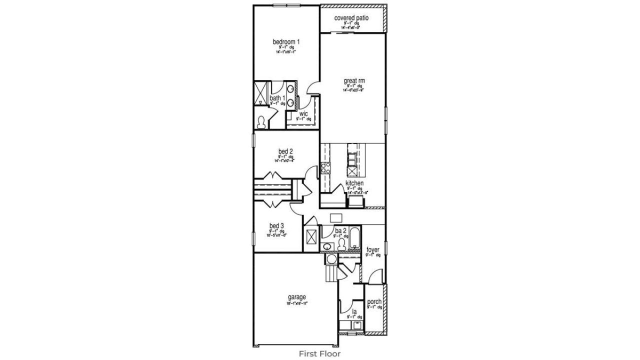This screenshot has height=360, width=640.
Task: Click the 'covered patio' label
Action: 351,18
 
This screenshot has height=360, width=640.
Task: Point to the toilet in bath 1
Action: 260,121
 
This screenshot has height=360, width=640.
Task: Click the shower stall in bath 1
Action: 261,92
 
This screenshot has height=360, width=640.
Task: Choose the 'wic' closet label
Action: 303,113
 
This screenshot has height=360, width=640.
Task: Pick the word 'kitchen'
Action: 354,183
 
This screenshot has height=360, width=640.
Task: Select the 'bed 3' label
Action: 276,226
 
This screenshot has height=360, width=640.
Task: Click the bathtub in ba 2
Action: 354,238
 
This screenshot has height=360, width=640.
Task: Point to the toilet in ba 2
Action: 342,244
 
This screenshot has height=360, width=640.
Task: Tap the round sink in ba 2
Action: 327,246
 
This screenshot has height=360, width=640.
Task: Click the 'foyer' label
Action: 373,249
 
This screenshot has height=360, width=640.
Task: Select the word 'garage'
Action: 296,297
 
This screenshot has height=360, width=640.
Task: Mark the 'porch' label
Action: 374,301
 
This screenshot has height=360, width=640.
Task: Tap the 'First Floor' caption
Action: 319,353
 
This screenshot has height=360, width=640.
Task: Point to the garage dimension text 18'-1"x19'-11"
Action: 296,303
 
